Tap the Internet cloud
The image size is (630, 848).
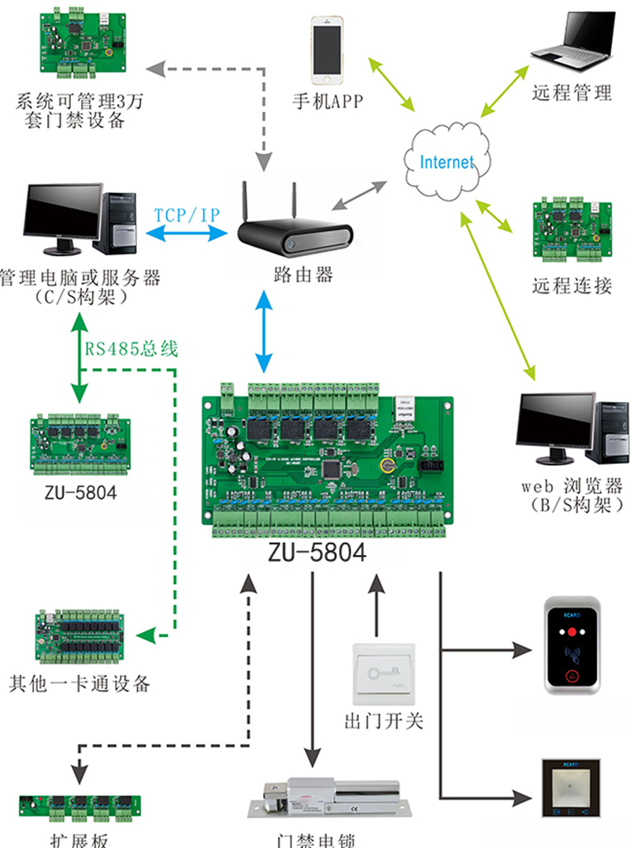[446, 162]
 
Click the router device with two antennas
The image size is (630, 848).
[295, 229]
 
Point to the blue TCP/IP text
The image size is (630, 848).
[187, 214]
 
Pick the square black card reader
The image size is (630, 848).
[573, 788]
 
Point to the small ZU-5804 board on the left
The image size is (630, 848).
[79, 446]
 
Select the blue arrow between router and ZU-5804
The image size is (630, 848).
[264, 331]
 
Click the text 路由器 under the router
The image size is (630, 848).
[302, 274]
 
